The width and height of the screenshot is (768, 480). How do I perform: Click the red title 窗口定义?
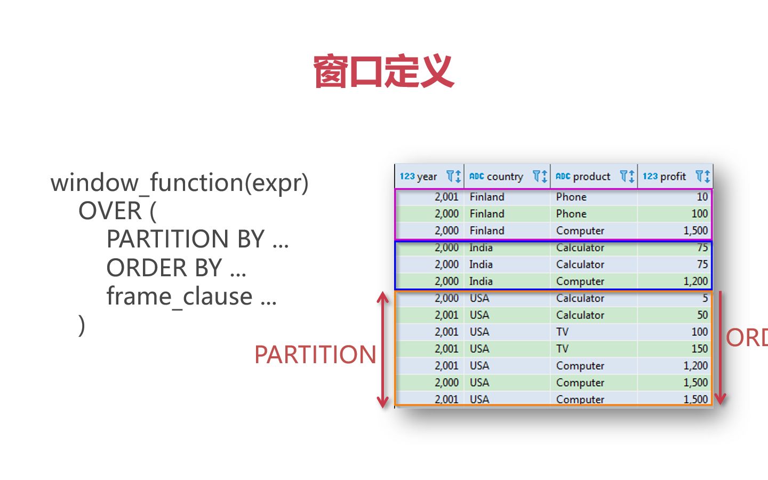coord(383,71)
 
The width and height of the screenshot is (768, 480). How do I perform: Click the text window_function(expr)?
coord(179,182)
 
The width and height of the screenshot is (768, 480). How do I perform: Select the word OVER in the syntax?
coord(110,211)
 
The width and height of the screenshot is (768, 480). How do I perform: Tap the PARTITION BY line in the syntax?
coord(197,239)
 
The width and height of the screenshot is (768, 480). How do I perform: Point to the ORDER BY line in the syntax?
coord(176,268)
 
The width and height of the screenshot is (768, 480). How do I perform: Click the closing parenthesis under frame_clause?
coord(82,325)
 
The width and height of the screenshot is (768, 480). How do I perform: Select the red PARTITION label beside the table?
coord(315,355)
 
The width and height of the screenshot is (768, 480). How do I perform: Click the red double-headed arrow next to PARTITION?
coord(383,350)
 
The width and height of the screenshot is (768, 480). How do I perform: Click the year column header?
coord(419,177)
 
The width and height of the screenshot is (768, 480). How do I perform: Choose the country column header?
coord(496,177)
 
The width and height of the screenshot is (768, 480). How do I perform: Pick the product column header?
coord(583,177)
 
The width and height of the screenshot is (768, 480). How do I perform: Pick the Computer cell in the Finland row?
coord(580,231)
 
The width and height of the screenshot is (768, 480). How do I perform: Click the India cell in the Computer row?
coord(481,282)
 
